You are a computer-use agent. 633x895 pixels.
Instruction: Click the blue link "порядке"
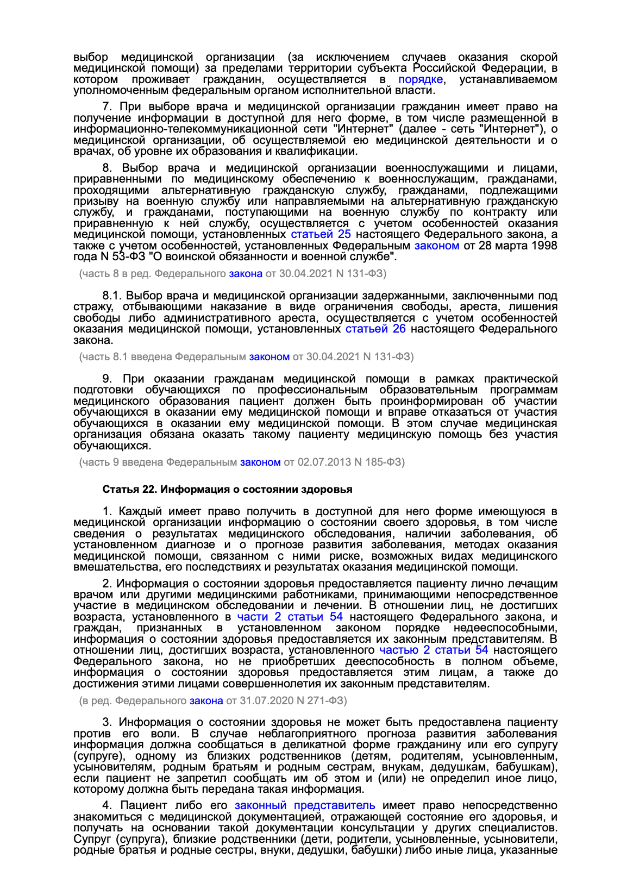pos(421,80)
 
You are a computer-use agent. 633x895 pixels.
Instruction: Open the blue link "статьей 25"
pos(321,235)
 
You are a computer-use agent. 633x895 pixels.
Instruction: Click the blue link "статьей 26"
pos(375,329)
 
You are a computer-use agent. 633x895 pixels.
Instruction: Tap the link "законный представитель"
pos(305,806)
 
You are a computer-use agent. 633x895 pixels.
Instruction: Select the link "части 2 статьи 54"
pos(290,617)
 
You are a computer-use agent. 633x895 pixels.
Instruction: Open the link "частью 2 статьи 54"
pos(433,650)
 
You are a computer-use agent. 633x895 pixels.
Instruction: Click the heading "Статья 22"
pos(129,490)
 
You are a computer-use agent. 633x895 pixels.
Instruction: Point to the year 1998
pos(543,246)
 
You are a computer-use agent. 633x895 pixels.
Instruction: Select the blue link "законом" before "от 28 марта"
pos(436,246)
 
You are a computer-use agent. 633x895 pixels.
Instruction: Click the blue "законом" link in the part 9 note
pos(260,462)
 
